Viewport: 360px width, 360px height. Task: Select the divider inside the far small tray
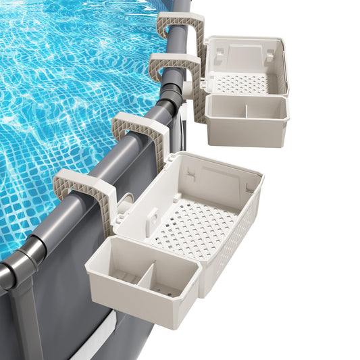[x=245, y=108]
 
